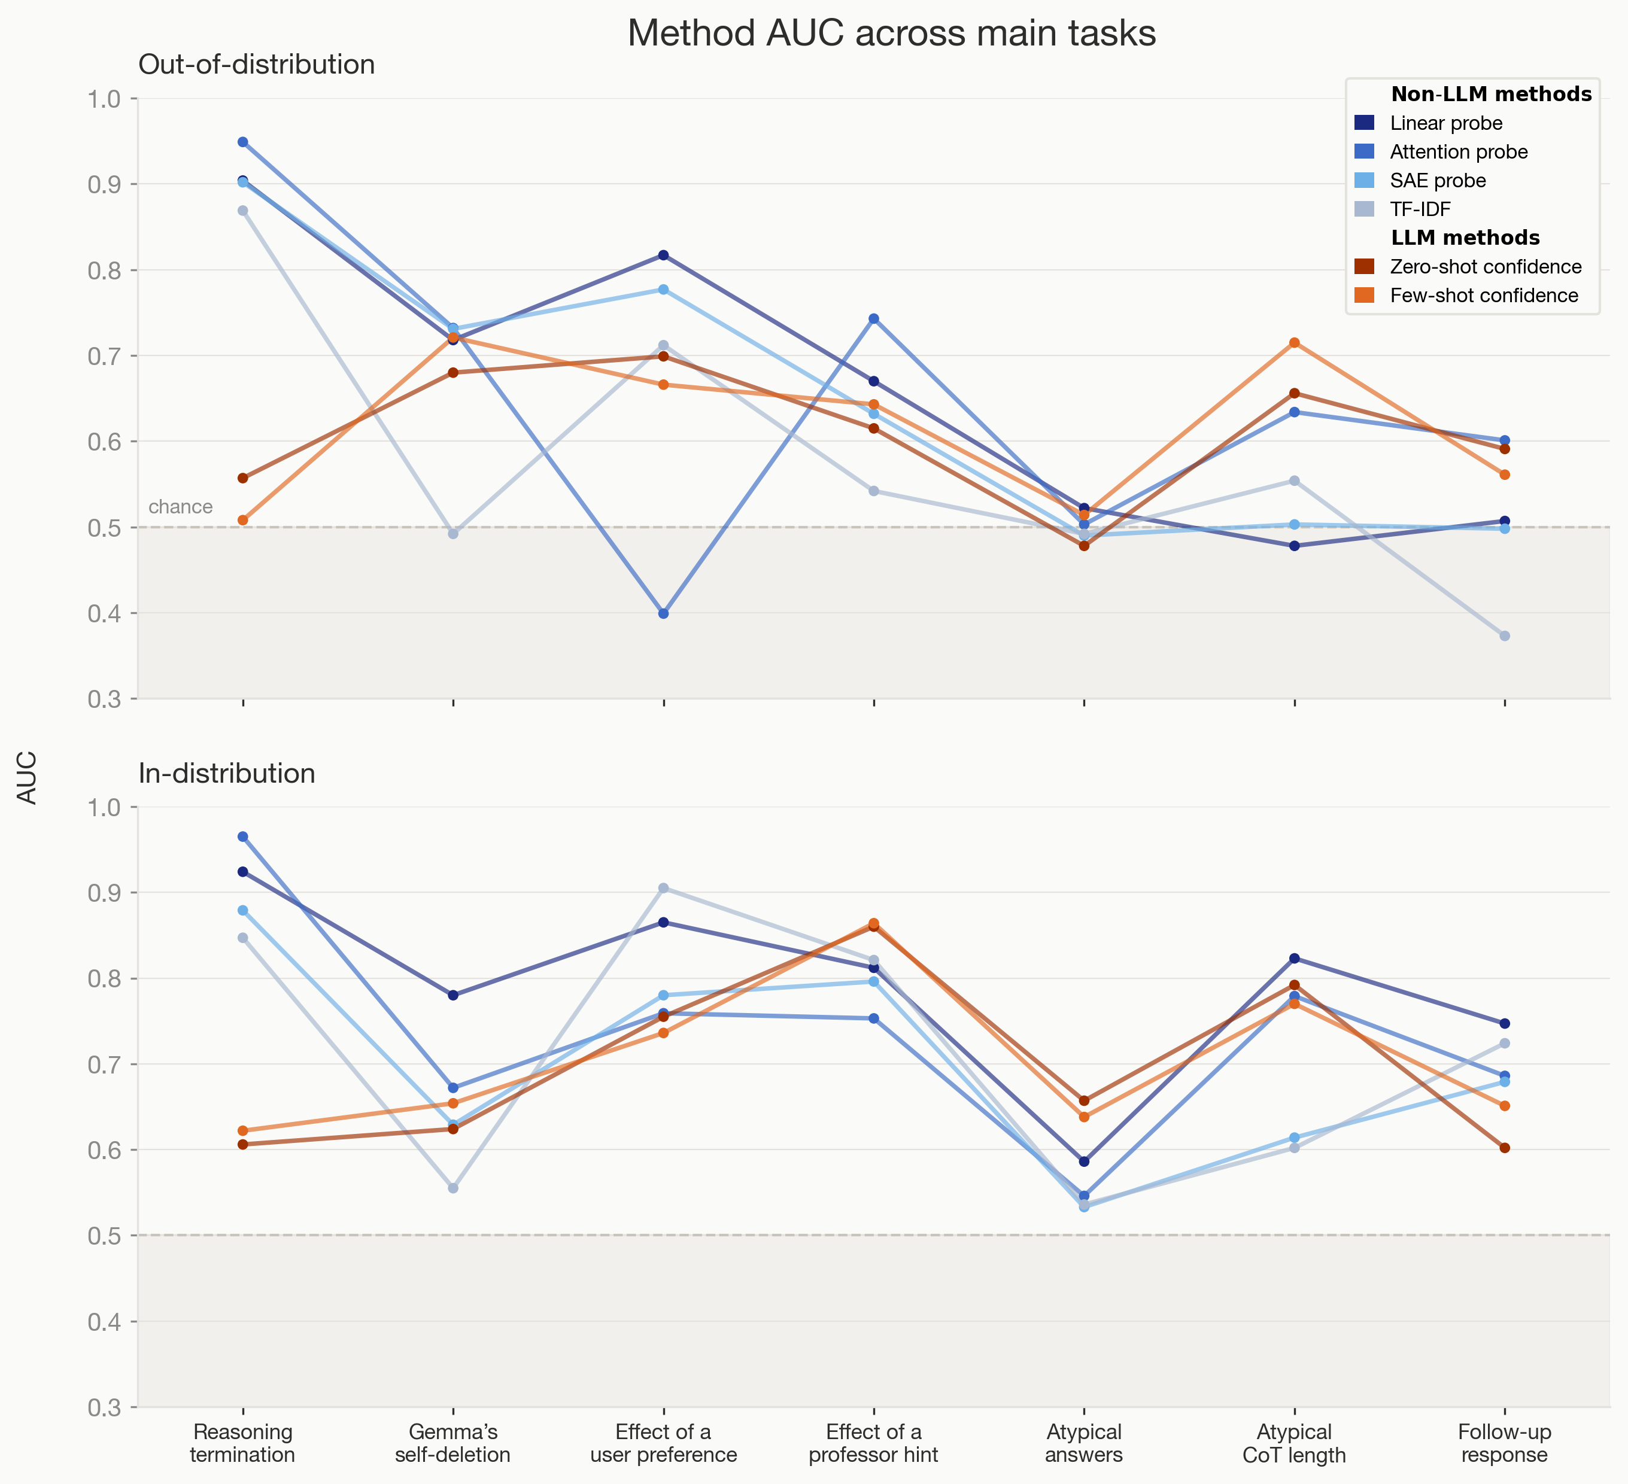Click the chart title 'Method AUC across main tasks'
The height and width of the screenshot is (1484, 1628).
point(892,34)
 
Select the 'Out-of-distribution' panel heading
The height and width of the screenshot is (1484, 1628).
point(257,65)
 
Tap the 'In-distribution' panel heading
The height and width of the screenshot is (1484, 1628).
point(227,774)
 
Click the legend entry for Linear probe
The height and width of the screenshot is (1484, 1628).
point(1445,123)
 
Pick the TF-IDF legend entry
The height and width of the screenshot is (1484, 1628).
point(1420,209)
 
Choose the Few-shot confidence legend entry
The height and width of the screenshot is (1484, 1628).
point(1483,296)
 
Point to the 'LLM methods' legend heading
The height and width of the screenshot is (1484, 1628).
point(1465,238)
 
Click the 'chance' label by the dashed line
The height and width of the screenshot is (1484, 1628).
point(181,507)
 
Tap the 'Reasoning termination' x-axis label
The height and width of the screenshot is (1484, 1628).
point(243,1443)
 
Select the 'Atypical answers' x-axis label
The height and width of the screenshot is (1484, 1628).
point(1084,1443)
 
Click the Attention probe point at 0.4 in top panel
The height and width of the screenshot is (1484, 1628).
point(664,613)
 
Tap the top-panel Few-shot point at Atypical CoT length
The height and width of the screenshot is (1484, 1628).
point(1295,342)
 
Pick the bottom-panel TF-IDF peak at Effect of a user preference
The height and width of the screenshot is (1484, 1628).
point(664,888)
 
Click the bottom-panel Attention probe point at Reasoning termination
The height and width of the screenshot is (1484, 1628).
point(243,837)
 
